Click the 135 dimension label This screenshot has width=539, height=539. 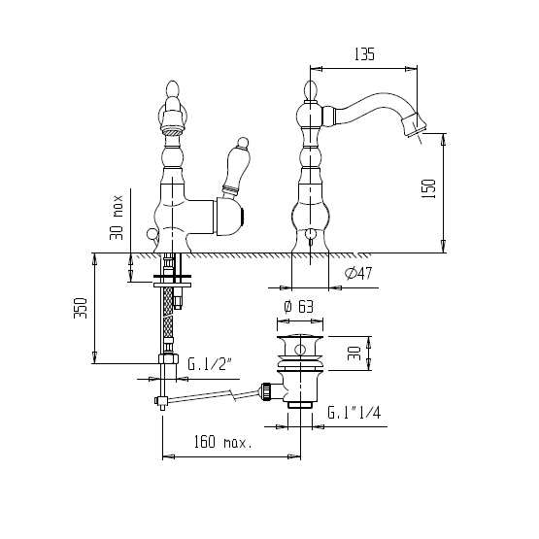pyautogui.click(x=364, y=54)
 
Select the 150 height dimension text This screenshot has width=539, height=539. pyautogui.click(x=429, y=188)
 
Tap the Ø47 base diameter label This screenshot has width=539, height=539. pyautogui.click(x=358, y=273)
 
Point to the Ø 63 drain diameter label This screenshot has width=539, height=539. pyautogui.click(x=299, y=306)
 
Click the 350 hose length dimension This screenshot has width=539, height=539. pyautogui.click(x=81, y=308)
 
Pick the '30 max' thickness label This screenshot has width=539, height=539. pyautogui.click(x=117, y=218)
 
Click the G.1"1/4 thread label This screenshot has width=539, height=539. pyautogui.click(x=354, y=412)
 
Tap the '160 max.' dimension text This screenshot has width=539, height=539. pyautogui.click(x=222, y=442)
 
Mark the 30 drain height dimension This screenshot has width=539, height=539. pyautogui.click(x=354, y=354)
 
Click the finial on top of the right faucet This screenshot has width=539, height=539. pyautogui.click(x=311, y=90)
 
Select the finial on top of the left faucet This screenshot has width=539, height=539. pyautogui.click(x=173, y=90)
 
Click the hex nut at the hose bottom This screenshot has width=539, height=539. pyautogui.click(x=168, y=359)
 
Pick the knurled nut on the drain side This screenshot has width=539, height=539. pyautogui.click(x=266, y=391)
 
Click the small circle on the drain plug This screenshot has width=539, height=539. pyautogui.click(x=300, y=350)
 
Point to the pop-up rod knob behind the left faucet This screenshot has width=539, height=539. pyautogui.click(x=151, y=234)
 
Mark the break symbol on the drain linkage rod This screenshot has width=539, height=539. pyautogui.click(x=233, y=394)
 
